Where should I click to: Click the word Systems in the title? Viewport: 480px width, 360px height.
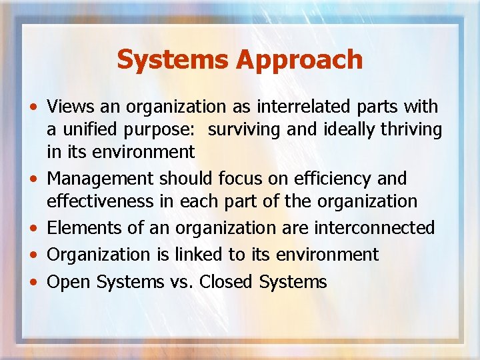(x=173, y=59)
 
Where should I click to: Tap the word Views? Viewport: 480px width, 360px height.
(x=70, y=107)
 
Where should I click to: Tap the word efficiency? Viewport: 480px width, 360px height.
(x=336, y=179)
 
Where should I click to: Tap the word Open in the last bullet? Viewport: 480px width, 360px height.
(x=69, y=282)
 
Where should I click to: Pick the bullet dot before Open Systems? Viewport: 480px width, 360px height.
(x=33, y=283)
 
